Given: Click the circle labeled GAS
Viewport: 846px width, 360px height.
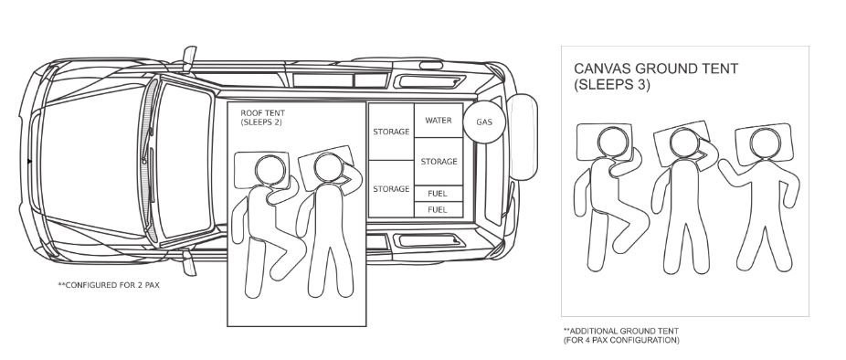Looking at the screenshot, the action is point(484,122).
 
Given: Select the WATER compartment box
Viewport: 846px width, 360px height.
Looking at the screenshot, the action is point(439,121).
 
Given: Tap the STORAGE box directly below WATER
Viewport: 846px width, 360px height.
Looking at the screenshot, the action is point(439,162).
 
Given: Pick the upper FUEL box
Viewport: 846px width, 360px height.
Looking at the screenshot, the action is point(439,194).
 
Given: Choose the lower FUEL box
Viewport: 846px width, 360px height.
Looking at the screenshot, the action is point(439,209).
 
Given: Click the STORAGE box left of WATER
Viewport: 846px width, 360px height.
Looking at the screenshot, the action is point(391,132).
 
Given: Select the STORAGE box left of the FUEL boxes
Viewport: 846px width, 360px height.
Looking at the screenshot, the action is point(391,189).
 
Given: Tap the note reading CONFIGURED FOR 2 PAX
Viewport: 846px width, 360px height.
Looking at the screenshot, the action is point(109,285).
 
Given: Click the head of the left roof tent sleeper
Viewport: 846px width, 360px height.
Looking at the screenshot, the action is point(270,170).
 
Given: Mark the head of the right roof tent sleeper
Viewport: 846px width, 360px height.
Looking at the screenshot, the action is point(329,168).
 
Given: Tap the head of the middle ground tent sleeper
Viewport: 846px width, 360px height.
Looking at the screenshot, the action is point(685,143).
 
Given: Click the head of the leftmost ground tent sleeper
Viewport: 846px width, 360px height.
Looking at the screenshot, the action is point(613,142).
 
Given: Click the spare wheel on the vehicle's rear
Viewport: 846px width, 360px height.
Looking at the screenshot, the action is point(522,137).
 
